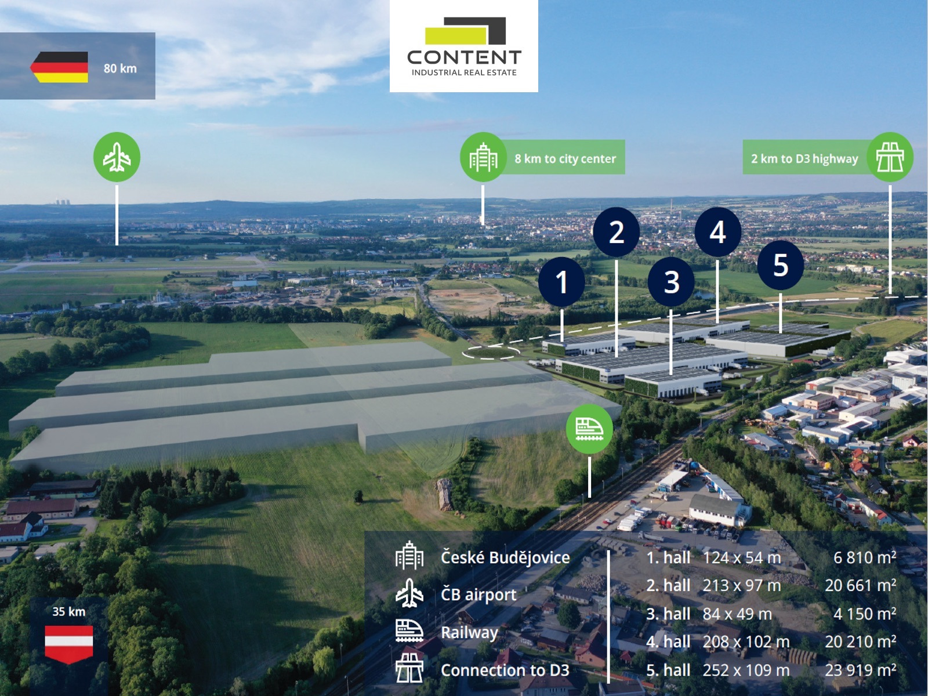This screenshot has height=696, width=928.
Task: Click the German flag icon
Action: pos(59,67)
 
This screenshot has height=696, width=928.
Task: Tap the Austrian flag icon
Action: pos(69,643)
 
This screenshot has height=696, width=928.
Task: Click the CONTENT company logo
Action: pos(464,46)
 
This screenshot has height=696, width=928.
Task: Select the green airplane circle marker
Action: pos(117,157)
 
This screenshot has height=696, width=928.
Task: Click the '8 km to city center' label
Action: pos(565,158)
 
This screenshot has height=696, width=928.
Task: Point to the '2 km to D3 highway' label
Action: pos(804,158)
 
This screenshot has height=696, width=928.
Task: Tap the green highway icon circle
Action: pos(890,157)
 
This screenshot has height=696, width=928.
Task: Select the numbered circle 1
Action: pos(561,282)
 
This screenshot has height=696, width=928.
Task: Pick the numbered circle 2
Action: pos(616,232)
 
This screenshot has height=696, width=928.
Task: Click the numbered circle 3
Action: pos(671,282)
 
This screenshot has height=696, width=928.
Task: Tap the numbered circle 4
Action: pos(717,232)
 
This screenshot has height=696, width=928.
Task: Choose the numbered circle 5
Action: pos(781,265)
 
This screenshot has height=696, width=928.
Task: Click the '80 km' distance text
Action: pos(120,68)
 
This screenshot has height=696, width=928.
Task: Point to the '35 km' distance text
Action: pos(68,611)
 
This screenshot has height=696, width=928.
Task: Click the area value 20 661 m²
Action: pos(860,586)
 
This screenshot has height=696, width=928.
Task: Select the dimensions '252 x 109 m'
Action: pos(746,670)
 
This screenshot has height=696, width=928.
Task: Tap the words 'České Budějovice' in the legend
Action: pos(505,557)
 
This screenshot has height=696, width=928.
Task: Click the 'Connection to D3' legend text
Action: pos(505,670)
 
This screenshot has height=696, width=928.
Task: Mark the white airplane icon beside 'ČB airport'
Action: pos(409,593)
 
